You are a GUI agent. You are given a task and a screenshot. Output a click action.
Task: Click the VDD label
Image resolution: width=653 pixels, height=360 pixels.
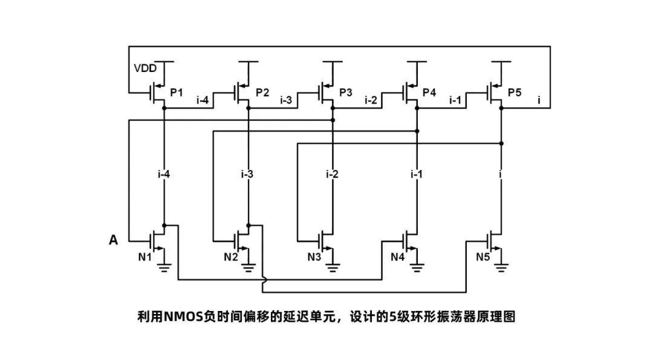pyautogui.click(x=145, y=68)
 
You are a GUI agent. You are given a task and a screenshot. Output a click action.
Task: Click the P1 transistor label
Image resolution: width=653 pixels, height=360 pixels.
pyautogui.click(x=176, y=93)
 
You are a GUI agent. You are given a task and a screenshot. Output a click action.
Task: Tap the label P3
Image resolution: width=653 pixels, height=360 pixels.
pyautogui.click(x=345, y=93)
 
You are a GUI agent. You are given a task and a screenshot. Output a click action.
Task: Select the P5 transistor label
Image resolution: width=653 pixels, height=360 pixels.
pyautogui.click(x=515, y=93)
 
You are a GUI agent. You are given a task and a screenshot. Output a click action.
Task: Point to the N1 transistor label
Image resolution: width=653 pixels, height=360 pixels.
pyautogui.click(x=145, y=257)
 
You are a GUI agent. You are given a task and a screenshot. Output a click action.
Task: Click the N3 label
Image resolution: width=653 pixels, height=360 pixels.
pyautogui.click(x=314, y=257)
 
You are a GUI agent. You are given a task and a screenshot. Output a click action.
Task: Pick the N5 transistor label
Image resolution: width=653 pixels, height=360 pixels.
pyautogui.click(x=483, y=257)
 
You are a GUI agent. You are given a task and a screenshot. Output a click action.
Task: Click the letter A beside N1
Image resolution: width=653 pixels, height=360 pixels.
pyautogui.click(x=113, y=240)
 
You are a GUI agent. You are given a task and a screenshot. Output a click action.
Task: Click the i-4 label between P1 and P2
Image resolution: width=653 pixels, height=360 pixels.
pyautogui.click(x=203, y=100)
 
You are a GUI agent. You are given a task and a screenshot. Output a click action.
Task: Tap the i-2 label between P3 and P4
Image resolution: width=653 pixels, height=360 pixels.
pyautogui.click(x=371, y=100)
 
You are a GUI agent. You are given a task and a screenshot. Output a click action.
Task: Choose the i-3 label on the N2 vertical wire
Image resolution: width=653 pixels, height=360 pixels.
pyautogui.click(x=247, y=175)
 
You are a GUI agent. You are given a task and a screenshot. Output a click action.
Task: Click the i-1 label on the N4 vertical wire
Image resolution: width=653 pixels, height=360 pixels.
pyautogui.click(x=416, y=175)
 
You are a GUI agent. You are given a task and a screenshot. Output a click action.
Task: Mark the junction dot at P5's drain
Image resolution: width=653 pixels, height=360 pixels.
pyautogui.click(x=502, y=108)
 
